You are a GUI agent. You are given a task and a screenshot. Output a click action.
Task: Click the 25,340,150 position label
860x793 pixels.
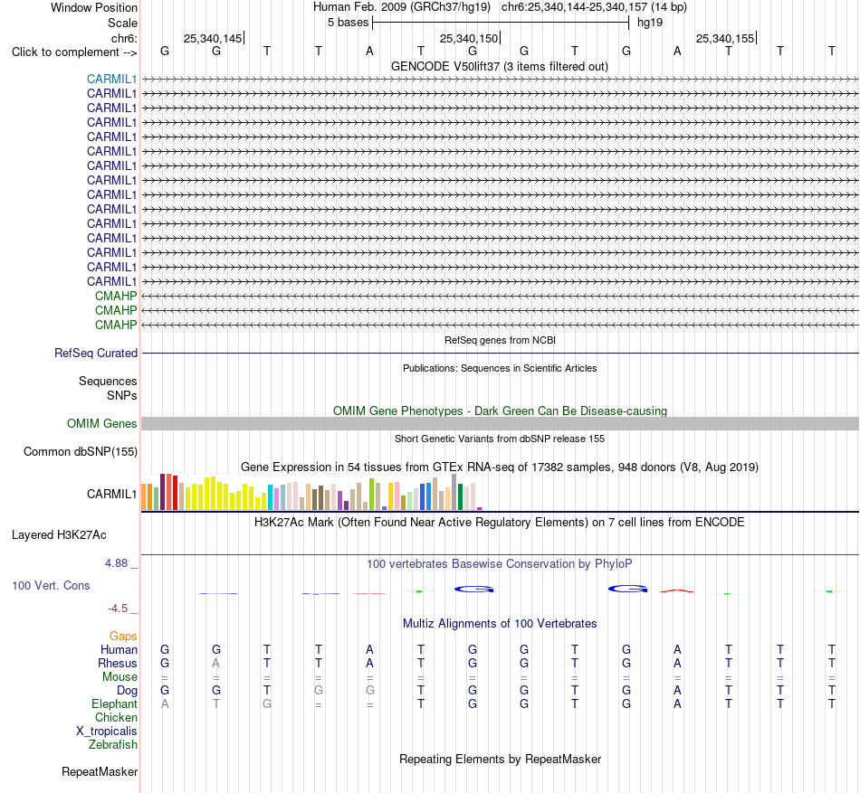pyautogui.click(x=469, y=38)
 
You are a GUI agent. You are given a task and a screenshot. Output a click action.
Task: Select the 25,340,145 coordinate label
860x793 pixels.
pyautogui.click(x=213, y=38)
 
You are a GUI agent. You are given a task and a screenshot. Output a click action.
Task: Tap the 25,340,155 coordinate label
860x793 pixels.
pyautogui.click(x=725, y=38)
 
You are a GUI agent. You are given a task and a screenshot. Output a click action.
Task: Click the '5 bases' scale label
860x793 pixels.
pyautogui.click(x=349, y=23)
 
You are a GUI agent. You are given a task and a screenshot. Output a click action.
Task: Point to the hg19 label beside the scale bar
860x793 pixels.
pyautogui.click(x=650, y=23)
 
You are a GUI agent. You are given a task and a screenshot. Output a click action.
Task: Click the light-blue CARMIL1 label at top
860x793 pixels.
pyautogui.click(x=112, y=79)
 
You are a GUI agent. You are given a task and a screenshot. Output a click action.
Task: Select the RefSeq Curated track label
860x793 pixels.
pyautogui.click(x=96, y=354)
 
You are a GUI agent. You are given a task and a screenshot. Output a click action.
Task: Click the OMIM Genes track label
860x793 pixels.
pyautogui.click(x=102, y=423)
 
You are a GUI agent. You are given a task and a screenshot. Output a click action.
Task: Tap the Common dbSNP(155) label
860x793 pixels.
pyautogui.click(x=81, y=452)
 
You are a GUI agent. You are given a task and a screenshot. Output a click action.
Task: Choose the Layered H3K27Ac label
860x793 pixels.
pyautogui.click(x=59, y=535)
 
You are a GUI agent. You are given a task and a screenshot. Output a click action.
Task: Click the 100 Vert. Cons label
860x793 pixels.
pyautogui.click(x=51, y=585)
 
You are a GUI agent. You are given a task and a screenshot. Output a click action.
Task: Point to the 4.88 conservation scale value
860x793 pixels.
pyautogui.click(x=116, y=563)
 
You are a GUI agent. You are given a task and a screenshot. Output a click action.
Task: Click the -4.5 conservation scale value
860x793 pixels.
pyautogui.click(x=118, y=609)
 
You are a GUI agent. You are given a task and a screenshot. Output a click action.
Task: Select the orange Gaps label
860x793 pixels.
pyautogui.click(x=123, y=636)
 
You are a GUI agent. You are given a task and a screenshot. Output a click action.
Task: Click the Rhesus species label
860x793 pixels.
pyautogui.click(x=118, y=663)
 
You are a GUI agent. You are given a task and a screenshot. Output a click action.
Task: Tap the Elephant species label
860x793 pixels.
pyautogui.click(x=115, y=703)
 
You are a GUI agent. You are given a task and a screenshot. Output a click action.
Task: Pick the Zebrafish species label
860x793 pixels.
pyautogui.click(x=113, y=745)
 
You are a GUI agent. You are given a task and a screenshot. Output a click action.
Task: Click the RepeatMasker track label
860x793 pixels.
pyautogui.click(x=100, y=771)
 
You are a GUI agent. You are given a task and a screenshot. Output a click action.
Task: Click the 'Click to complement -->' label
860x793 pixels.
pyautogui.click(x=74, y=52)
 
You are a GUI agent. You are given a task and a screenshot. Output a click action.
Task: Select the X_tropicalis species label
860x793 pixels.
pyautogui.click(x=107, y=732)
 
